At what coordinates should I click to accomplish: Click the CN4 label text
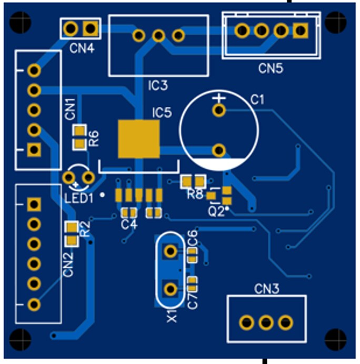(x=82, y=48)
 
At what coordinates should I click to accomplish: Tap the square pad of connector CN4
(x=91, y=28)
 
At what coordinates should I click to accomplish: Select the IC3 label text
(x=158, y=85)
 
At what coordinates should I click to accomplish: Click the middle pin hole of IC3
(x=158, y=36)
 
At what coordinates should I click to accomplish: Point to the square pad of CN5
(x=301, y=31)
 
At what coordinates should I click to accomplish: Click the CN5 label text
(x=271, y=68)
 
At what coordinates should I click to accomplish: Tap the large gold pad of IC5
(x=139, y=139)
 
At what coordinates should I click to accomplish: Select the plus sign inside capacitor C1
(x=219, y=98)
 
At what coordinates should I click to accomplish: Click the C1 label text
(x=257, y=99)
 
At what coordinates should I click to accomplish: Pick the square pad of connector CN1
(x=34, y=150)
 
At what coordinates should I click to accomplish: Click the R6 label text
(x=94, y=138)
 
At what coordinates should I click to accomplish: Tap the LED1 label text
(x=79, y=198)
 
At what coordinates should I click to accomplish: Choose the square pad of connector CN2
(x=34, y=204)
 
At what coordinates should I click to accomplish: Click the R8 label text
(x=195, y=194)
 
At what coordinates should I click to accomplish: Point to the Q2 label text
(x=216, y=211)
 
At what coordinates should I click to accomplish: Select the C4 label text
(x=129, y=225)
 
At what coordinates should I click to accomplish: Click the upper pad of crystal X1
(x=171, y=251)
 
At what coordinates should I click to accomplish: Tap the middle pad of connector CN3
(x=266, y=322)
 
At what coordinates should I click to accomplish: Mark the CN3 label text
(x=267, y=289)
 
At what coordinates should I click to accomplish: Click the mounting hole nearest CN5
(x=336, y=22)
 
